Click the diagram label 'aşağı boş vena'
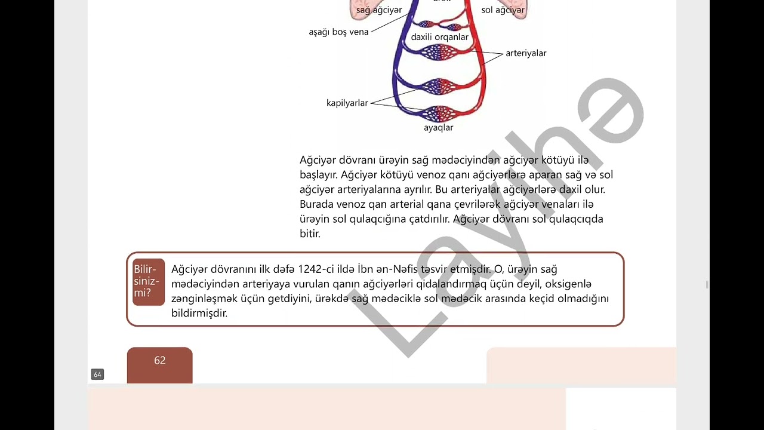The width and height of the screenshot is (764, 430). point(338,32)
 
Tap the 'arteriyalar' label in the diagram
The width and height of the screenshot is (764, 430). point(526,53)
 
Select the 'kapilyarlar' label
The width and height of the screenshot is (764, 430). point(347,103)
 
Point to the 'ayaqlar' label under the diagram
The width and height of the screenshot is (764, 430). point(439,128)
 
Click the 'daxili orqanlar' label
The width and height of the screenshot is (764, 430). point(440,37)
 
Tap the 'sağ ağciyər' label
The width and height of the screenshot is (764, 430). point(379,10)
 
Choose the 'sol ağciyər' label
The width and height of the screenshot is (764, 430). point(503,10)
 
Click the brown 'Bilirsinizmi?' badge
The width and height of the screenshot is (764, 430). point(149,281)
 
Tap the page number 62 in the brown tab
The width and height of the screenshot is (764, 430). point(160,361)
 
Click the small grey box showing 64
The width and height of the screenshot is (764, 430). point(97,374)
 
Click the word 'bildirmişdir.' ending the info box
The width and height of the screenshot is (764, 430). point(199,313)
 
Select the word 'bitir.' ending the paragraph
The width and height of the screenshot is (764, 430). point(310,234)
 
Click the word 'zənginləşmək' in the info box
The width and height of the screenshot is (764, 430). point(204,299)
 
